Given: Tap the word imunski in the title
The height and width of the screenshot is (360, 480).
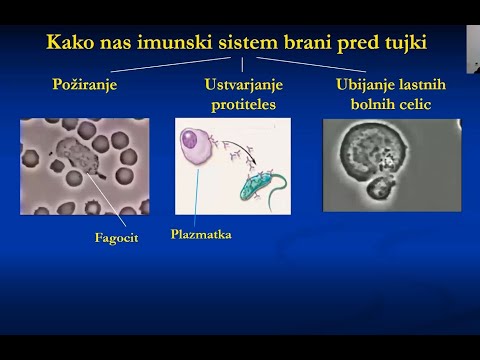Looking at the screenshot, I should tap(186, 43).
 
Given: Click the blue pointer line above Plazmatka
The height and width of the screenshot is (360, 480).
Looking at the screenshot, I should tap(198, 196).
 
